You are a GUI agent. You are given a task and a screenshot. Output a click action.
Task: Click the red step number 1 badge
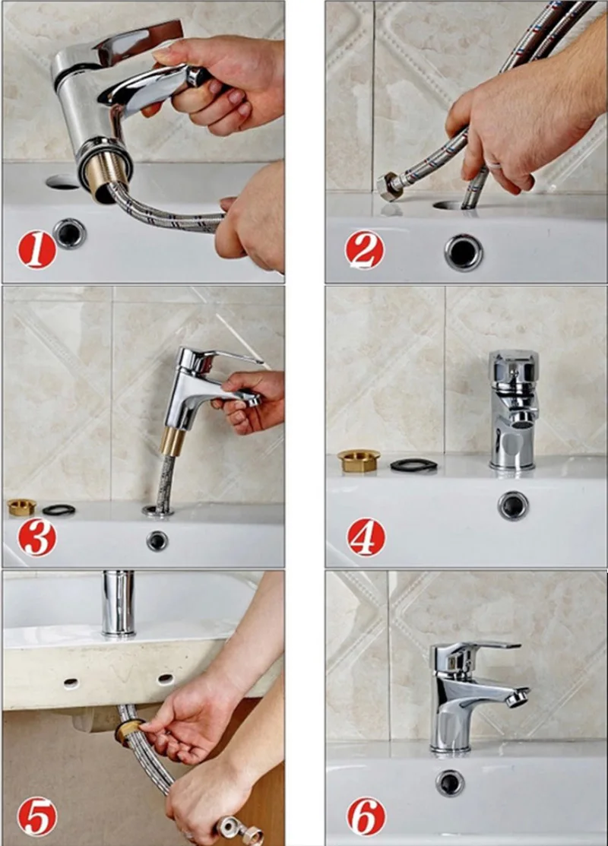36,249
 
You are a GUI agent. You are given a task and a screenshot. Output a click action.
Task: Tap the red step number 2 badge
365,249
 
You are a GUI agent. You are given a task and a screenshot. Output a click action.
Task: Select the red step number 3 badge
36,537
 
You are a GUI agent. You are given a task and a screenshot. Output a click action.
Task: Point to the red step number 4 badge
366,537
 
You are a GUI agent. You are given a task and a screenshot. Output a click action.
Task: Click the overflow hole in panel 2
464,252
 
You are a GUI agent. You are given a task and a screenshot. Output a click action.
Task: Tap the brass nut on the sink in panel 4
359,460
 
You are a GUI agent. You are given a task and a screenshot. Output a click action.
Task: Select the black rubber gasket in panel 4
413,464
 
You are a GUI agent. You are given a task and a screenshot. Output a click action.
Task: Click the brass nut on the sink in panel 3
21,507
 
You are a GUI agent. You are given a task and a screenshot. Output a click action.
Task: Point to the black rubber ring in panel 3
59,509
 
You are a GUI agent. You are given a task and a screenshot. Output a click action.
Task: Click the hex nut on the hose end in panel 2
388,187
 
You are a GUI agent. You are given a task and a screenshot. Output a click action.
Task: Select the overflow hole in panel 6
451,784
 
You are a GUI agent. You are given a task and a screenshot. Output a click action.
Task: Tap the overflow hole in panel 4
513,505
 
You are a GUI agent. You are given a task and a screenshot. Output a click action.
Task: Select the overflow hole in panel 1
70,233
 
